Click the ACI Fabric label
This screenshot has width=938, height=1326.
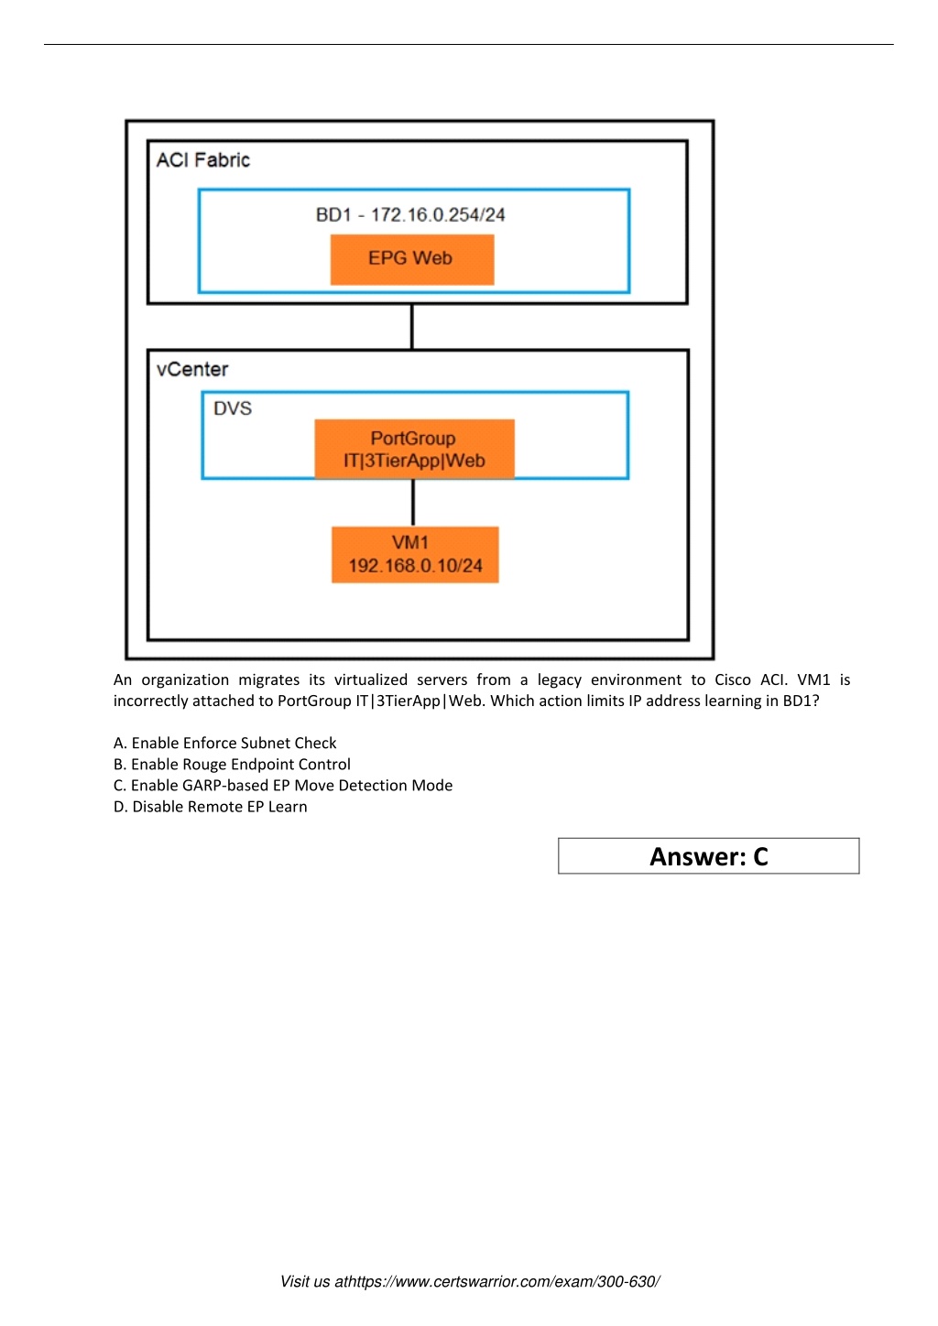[x=202, y=160]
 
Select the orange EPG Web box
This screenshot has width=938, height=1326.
[x=412, y=259]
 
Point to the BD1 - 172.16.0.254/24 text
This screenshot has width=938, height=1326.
[x=409, y=214]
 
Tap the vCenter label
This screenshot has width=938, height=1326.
[x=191, y=369]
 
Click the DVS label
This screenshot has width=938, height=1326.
[x=232, y=408]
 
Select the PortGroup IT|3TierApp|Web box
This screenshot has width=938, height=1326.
[x=415, y=449]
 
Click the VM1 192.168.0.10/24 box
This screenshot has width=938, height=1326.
[x=415, y=555]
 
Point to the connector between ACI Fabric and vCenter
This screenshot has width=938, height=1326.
[x=412, y=327]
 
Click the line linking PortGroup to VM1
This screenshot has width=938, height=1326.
[x=413, y=503]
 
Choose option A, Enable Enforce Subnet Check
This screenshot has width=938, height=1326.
[x=225, y=743]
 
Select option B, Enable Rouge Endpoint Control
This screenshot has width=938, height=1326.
[x=232, y=765]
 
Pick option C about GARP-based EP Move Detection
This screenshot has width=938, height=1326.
[x=283, y=785]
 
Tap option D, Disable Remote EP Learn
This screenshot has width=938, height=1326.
[x=210, y=806]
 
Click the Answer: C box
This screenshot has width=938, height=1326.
[x=708, y=856]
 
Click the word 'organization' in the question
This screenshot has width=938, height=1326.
[x=185, y=680]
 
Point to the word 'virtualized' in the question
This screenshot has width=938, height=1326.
[x=371, y=679]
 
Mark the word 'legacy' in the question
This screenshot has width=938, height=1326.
[x=559, y=680]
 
